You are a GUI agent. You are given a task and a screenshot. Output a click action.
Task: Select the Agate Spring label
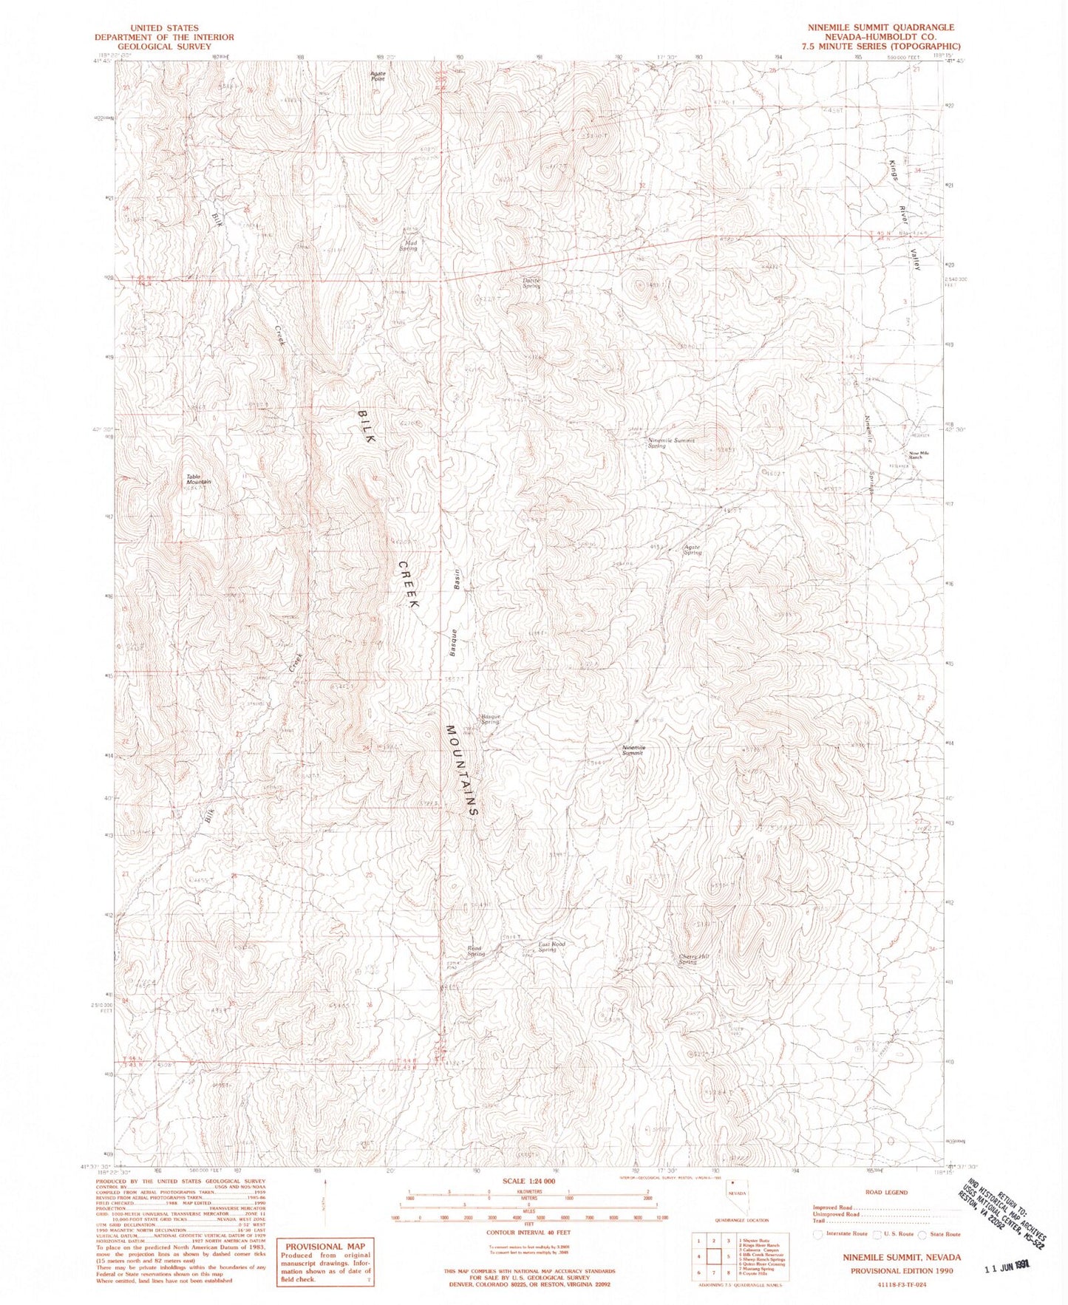pos(692,550)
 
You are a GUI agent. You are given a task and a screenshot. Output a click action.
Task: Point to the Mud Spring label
pos(409,245)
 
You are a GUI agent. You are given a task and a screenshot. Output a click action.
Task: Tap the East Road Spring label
pos(551,946)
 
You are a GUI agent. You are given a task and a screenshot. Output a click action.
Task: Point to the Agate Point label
pos(378,76)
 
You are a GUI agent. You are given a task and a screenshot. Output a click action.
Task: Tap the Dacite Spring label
pos(531,283)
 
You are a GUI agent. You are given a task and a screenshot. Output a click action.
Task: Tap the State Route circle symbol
pos(922,1234)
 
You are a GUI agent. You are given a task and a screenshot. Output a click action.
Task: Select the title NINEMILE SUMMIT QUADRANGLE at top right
pos(880,27)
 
